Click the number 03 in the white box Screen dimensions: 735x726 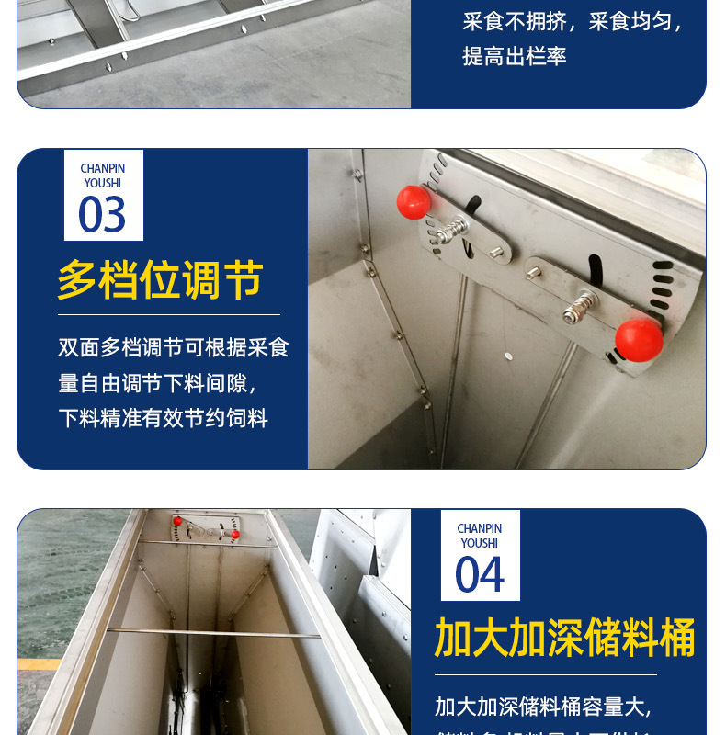[x=102, y=216]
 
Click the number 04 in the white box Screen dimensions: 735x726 [x=480, y=576]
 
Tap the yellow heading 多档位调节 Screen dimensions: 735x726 [x=161, y=280]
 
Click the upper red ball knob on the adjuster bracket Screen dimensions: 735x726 [x=414, y=202]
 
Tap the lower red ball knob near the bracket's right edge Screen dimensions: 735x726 [x=639, y=340]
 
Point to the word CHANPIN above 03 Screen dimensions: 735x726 [x=103, y=169]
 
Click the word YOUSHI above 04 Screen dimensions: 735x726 [x=480, y=543]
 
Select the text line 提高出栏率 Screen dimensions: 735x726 [x=515, y=56]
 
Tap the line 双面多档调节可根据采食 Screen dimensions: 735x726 [x=174, y=347]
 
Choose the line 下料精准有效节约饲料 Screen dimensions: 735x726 [x=164, y=419]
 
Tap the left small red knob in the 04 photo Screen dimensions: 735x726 [x=177, y=521]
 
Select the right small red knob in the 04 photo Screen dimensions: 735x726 [x=235, y=534]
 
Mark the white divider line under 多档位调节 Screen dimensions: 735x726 [x=169, y=315]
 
